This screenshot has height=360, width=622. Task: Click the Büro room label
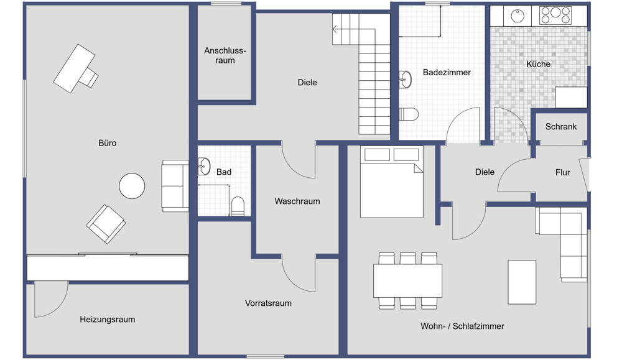pyautogui.click(x=107, y=143)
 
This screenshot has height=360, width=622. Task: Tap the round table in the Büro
pyautogui.click(x=132, y=185)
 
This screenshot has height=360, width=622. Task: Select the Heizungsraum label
pyautogui.click(x=107, y=320)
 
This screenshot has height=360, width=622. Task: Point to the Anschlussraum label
pyautogui.click(x=225, y=55)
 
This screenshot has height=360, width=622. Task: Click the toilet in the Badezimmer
pyautogui.click(x=408, y=114)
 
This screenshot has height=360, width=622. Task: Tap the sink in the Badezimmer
pyautogui.click(x=406, y=79)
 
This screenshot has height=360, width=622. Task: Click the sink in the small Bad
pyautogui.click(x=203, y=165)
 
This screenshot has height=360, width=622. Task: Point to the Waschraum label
pyautogui.click(x=297, y=201)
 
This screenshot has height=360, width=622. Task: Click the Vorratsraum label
pyautogui.click(x=268, y=303)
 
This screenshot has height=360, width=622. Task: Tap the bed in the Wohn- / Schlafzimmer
pyautogui.click(x=391, y=182)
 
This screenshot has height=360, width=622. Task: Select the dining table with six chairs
pyautogui.click(x=407, y=280)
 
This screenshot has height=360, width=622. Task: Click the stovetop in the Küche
pyautogui.click(x=555, y=14)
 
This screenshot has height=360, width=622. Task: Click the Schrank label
pyautogui.click(x=561, y=127)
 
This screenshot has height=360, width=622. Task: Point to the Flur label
pyautogui.click(x=562, y=173)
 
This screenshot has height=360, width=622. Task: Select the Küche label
pyautogui.click(x=538, y=64)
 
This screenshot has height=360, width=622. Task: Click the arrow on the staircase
pyautogui.click(x=337, y=29)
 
